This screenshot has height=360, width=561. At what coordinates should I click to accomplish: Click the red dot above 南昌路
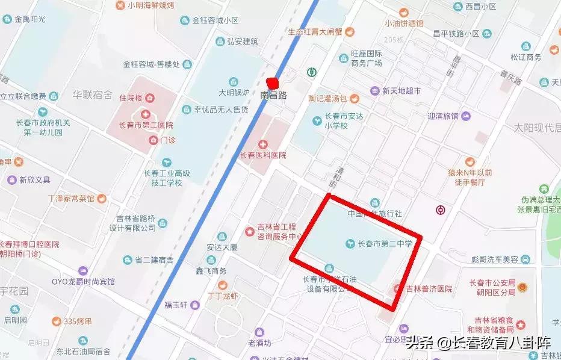pyautogui.click(x=273, y=83)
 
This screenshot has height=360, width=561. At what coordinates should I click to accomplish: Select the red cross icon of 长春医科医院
pyautogui.click(x=262, y=144)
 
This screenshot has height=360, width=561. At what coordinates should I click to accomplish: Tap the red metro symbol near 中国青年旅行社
pyautogui.click(x=441, y=209)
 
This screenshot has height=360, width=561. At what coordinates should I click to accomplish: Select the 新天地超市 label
pyautogui.click(x=401, y=91)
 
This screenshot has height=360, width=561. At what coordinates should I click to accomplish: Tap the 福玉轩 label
pyautogui.click(x=177, y=305)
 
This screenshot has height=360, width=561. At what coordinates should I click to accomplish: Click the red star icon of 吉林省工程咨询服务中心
pyautogui.click(x=249, y=231)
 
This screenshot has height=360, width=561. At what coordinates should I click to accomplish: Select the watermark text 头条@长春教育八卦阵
pyautogui.click(x=479, y=343)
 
